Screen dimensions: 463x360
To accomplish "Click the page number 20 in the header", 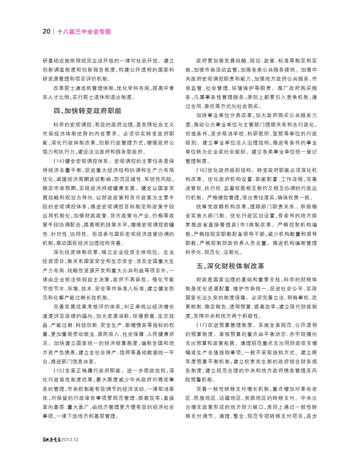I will [46, 31].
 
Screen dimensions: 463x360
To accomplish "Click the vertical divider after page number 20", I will [53, 31].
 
